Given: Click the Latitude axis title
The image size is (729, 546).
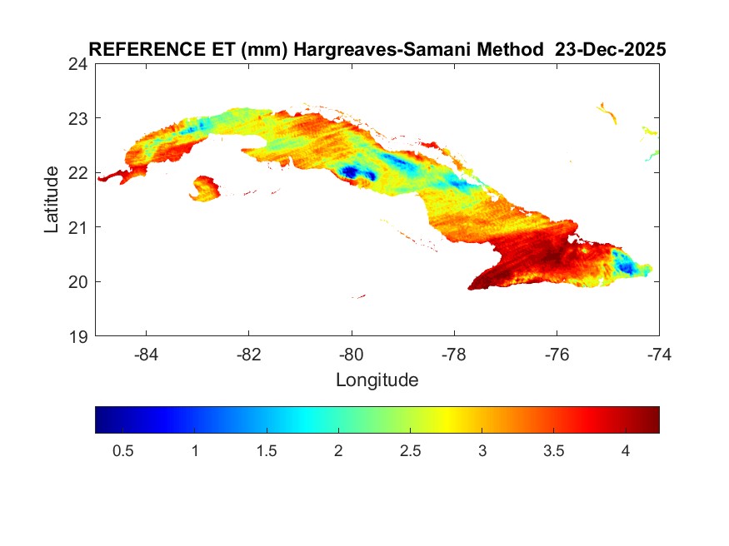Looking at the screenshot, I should (x=52, y=199).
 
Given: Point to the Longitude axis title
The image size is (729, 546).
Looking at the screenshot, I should (x=377, y=380).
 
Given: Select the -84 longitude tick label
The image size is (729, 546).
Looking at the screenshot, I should (x=147, y=354).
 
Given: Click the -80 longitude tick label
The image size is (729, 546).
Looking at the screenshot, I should (x=352, y=354).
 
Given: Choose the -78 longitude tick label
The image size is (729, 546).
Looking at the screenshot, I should (x=455, y=354).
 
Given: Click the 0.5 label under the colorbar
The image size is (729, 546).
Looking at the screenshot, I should (x=123, y=450).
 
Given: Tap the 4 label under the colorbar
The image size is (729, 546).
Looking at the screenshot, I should (x=624, y=450).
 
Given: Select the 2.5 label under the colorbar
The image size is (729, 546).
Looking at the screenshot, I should (x=410, y=450).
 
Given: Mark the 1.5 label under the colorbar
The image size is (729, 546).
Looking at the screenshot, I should (x=267, y=450).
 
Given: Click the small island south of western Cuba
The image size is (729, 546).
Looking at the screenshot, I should (x=204, y=187).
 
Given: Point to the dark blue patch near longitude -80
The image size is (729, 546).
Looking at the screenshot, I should (x=351, y=172).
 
